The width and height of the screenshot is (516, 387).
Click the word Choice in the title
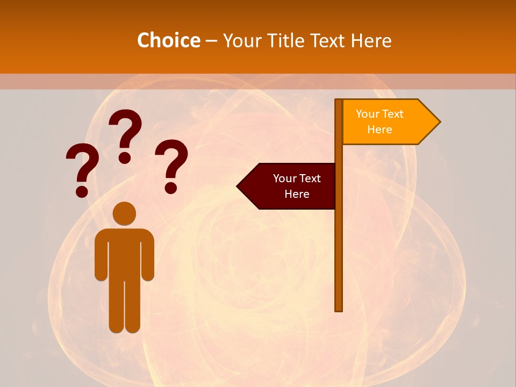click(168, 40)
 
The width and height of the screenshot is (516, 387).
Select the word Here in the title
click(371, 40)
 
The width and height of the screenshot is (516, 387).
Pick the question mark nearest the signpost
click(171, 164)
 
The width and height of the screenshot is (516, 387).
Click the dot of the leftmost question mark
click(82, 191)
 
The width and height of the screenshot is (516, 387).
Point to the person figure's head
click(124, 213)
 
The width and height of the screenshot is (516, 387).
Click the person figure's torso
click(124, 253)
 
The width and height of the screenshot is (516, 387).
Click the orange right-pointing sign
click(384, 122)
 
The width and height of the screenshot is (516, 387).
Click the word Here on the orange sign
click(379, 130)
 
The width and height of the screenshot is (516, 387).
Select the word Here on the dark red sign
click(297, 194)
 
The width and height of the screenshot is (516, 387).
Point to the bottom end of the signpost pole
click(339, 309)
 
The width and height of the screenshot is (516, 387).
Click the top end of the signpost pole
click(339, 102)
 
